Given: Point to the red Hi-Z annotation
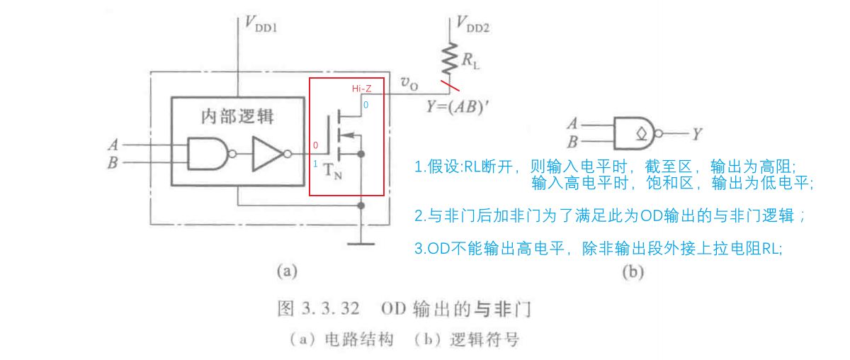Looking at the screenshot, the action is coord(363,89).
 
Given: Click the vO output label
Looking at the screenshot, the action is coord(409,84).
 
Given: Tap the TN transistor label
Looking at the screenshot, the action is coord(332,173).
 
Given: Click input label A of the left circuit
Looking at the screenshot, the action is coord(112,144).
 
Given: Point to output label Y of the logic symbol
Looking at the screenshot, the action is coord(698,132).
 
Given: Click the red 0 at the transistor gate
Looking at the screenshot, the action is coord(315,145).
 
